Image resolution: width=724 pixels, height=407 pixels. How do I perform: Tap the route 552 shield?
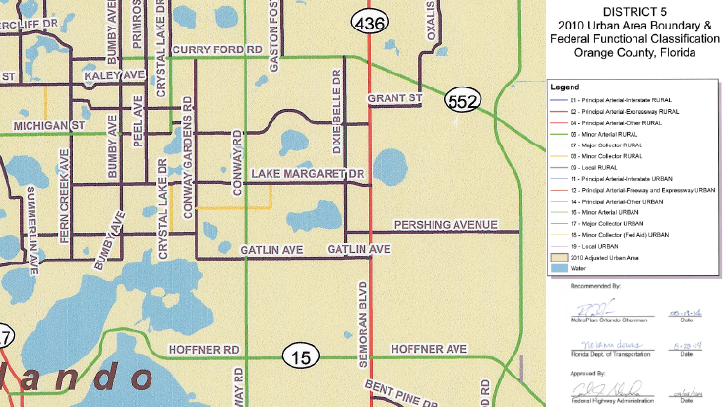(461, 100)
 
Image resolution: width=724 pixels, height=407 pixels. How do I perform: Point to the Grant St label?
(393, 99)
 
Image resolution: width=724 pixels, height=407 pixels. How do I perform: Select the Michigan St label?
(47, 126)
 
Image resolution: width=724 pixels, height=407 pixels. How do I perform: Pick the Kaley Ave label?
(114, 75)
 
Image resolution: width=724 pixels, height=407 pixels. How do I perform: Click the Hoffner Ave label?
(428, 349)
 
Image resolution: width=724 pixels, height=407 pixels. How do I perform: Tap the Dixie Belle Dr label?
(337, 113)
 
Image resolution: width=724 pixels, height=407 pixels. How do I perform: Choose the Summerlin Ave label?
(30, 228)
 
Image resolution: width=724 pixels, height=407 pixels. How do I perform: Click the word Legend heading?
(569, 87)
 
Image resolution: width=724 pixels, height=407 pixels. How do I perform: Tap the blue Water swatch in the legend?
(558, 267)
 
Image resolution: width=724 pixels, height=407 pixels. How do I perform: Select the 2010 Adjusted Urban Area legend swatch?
(558, 255)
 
